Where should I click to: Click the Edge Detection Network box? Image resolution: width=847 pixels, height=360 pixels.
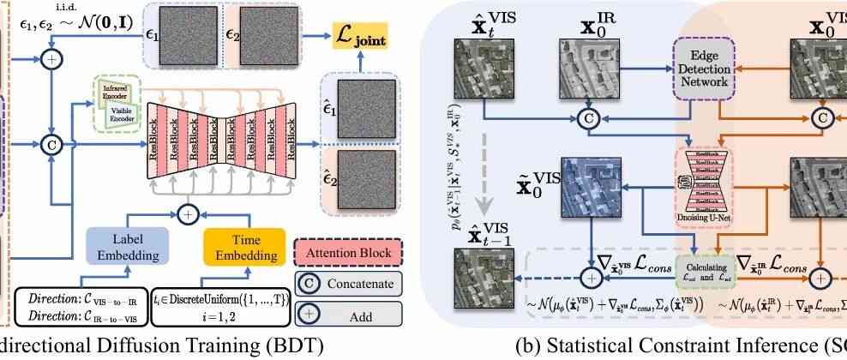pyautogui.click(x=703, y=76)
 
